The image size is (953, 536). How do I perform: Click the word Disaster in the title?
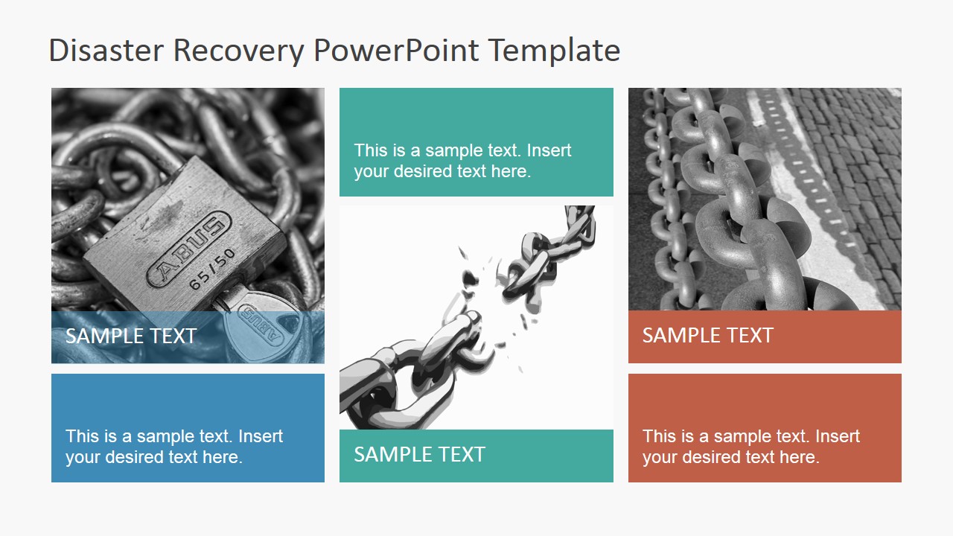coord(106,51)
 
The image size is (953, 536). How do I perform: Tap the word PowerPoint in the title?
coord(397,51)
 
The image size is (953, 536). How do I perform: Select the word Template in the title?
coord(555,51)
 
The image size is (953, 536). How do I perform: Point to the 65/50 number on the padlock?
coord(213,269)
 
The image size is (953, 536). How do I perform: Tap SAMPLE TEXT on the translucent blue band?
coord(131,336)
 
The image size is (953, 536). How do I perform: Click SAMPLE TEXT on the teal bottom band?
coord(419,454)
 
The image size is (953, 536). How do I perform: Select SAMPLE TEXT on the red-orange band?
coord(707,336)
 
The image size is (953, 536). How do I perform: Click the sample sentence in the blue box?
coord(174,447)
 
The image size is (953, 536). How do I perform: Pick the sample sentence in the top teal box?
coord(462,161)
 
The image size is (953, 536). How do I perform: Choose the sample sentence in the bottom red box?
coord(751,447)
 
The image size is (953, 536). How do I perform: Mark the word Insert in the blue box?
coord(261,436)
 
